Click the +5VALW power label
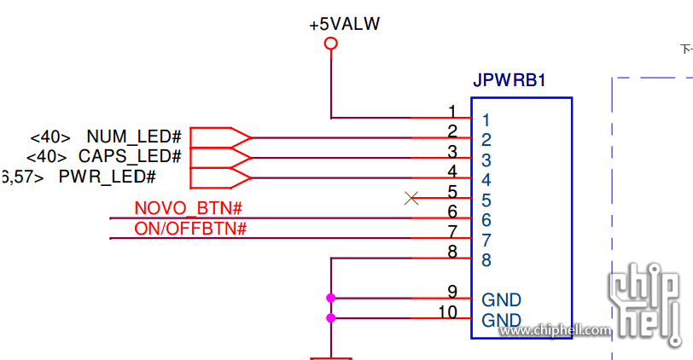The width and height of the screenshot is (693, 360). click(345, 24)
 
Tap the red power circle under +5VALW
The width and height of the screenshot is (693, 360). click(331, 44)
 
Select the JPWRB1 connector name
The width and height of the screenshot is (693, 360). click(510, 82)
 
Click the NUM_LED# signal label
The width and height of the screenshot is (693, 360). click(134, 136)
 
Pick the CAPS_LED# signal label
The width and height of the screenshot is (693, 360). click(130, 157)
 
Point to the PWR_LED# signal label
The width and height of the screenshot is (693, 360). click(107, 177)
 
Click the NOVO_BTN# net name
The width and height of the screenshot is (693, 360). click(189, 208)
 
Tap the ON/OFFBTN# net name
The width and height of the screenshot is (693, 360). click(190, 229)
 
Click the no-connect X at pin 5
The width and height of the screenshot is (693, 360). click(411, 198)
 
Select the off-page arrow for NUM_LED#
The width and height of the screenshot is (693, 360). click(219, 137)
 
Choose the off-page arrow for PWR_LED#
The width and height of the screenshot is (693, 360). click(219, 177)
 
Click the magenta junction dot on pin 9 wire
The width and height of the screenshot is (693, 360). click(331, 298)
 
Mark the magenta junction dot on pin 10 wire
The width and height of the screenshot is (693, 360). click(331, 318)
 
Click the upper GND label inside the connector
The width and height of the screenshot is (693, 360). click(501, 300)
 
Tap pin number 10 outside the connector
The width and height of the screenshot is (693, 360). click(447, 312)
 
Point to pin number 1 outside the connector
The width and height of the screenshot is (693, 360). click(451, 111)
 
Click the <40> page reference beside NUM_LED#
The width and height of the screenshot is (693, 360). click(49, 137)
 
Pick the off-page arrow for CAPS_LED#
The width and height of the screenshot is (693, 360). click(219, 158)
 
